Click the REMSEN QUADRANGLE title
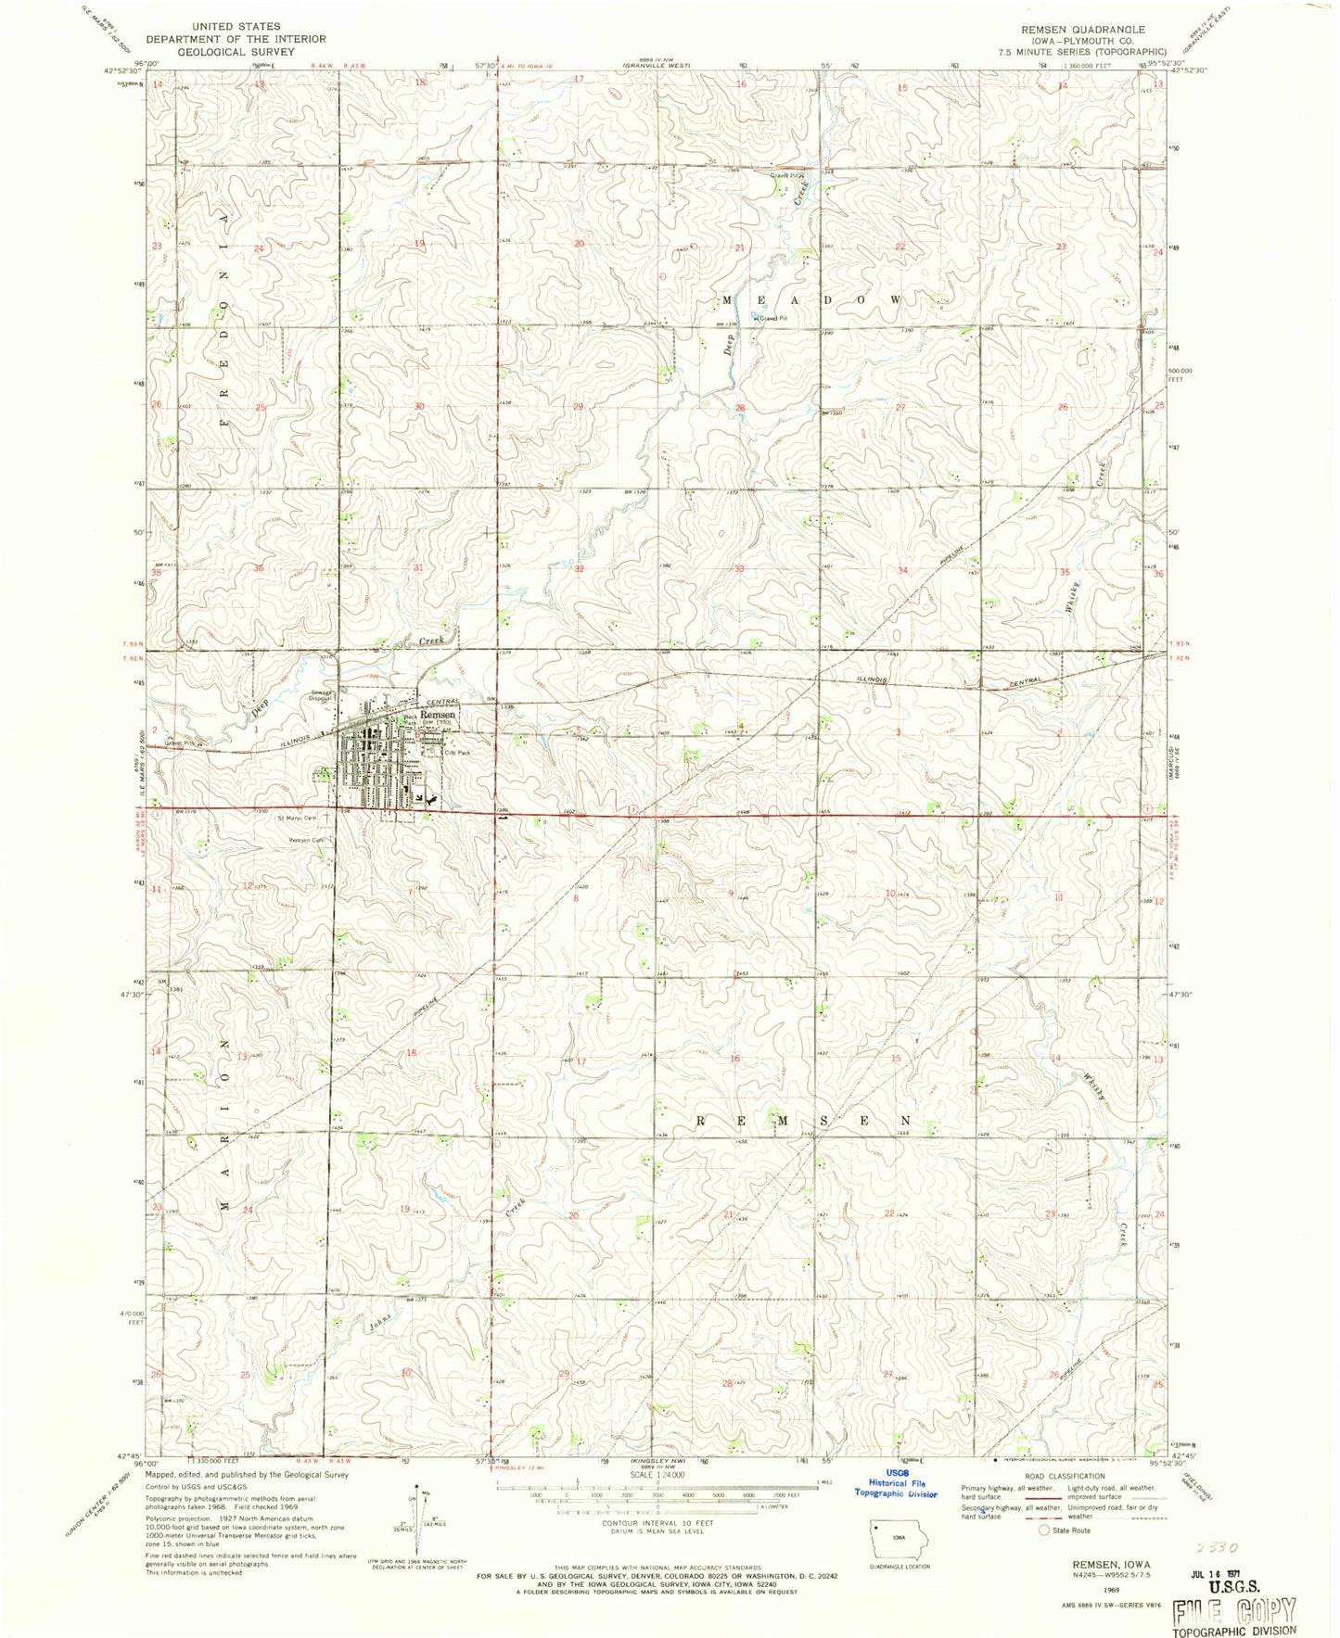(x=1082, y=30)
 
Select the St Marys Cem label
(x=297, y=818)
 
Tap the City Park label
(x=458, y=754)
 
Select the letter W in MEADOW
(x=895, y=300)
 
